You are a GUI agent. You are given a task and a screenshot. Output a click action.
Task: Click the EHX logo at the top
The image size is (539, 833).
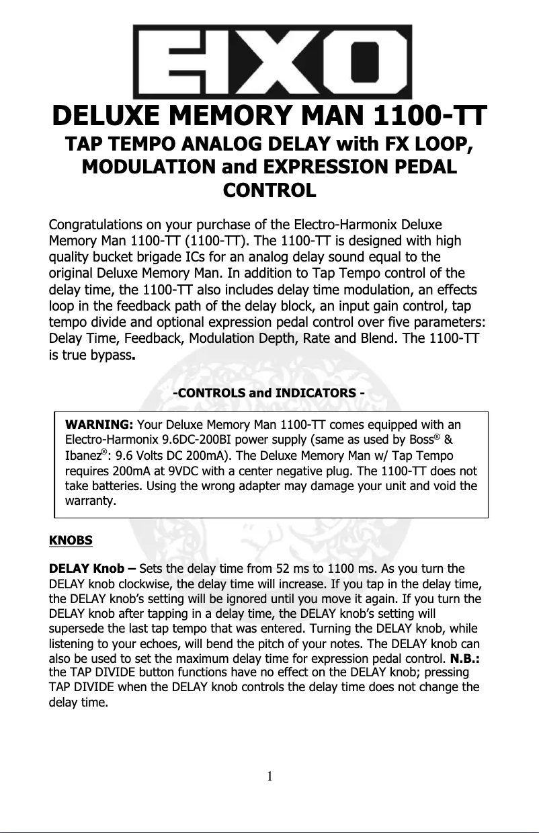pyautogui.click(x=272, y=62)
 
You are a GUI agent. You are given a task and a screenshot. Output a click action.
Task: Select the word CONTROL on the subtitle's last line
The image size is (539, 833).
pyautogui.click(x=269, y=190)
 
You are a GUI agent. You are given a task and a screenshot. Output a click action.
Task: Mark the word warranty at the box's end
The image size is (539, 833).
pyautogui.click(x=88, y=501)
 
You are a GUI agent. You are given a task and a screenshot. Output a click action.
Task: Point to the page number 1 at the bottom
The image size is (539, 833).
pyautogui.click(x=269, y=777)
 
